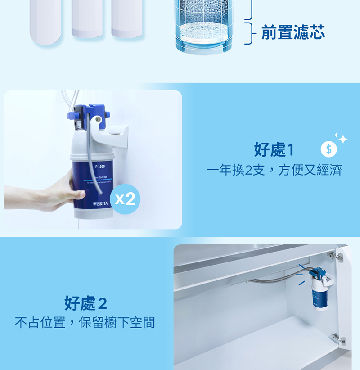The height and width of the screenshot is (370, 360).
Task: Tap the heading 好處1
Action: click(x=274, y=150)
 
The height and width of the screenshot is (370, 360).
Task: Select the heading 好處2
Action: click(x=86, y=303)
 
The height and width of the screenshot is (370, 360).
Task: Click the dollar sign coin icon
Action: click(x=328, y=149)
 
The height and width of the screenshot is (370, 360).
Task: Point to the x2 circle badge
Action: click(x=125, y=199)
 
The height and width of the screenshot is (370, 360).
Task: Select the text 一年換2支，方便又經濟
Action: click(x=274, y=170)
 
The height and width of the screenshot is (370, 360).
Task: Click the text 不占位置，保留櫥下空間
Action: click(x=85, y=323)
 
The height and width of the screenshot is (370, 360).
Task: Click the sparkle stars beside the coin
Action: click(x=342, y=139)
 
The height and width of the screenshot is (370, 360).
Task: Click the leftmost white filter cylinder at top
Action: click(x=45, y=20)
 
